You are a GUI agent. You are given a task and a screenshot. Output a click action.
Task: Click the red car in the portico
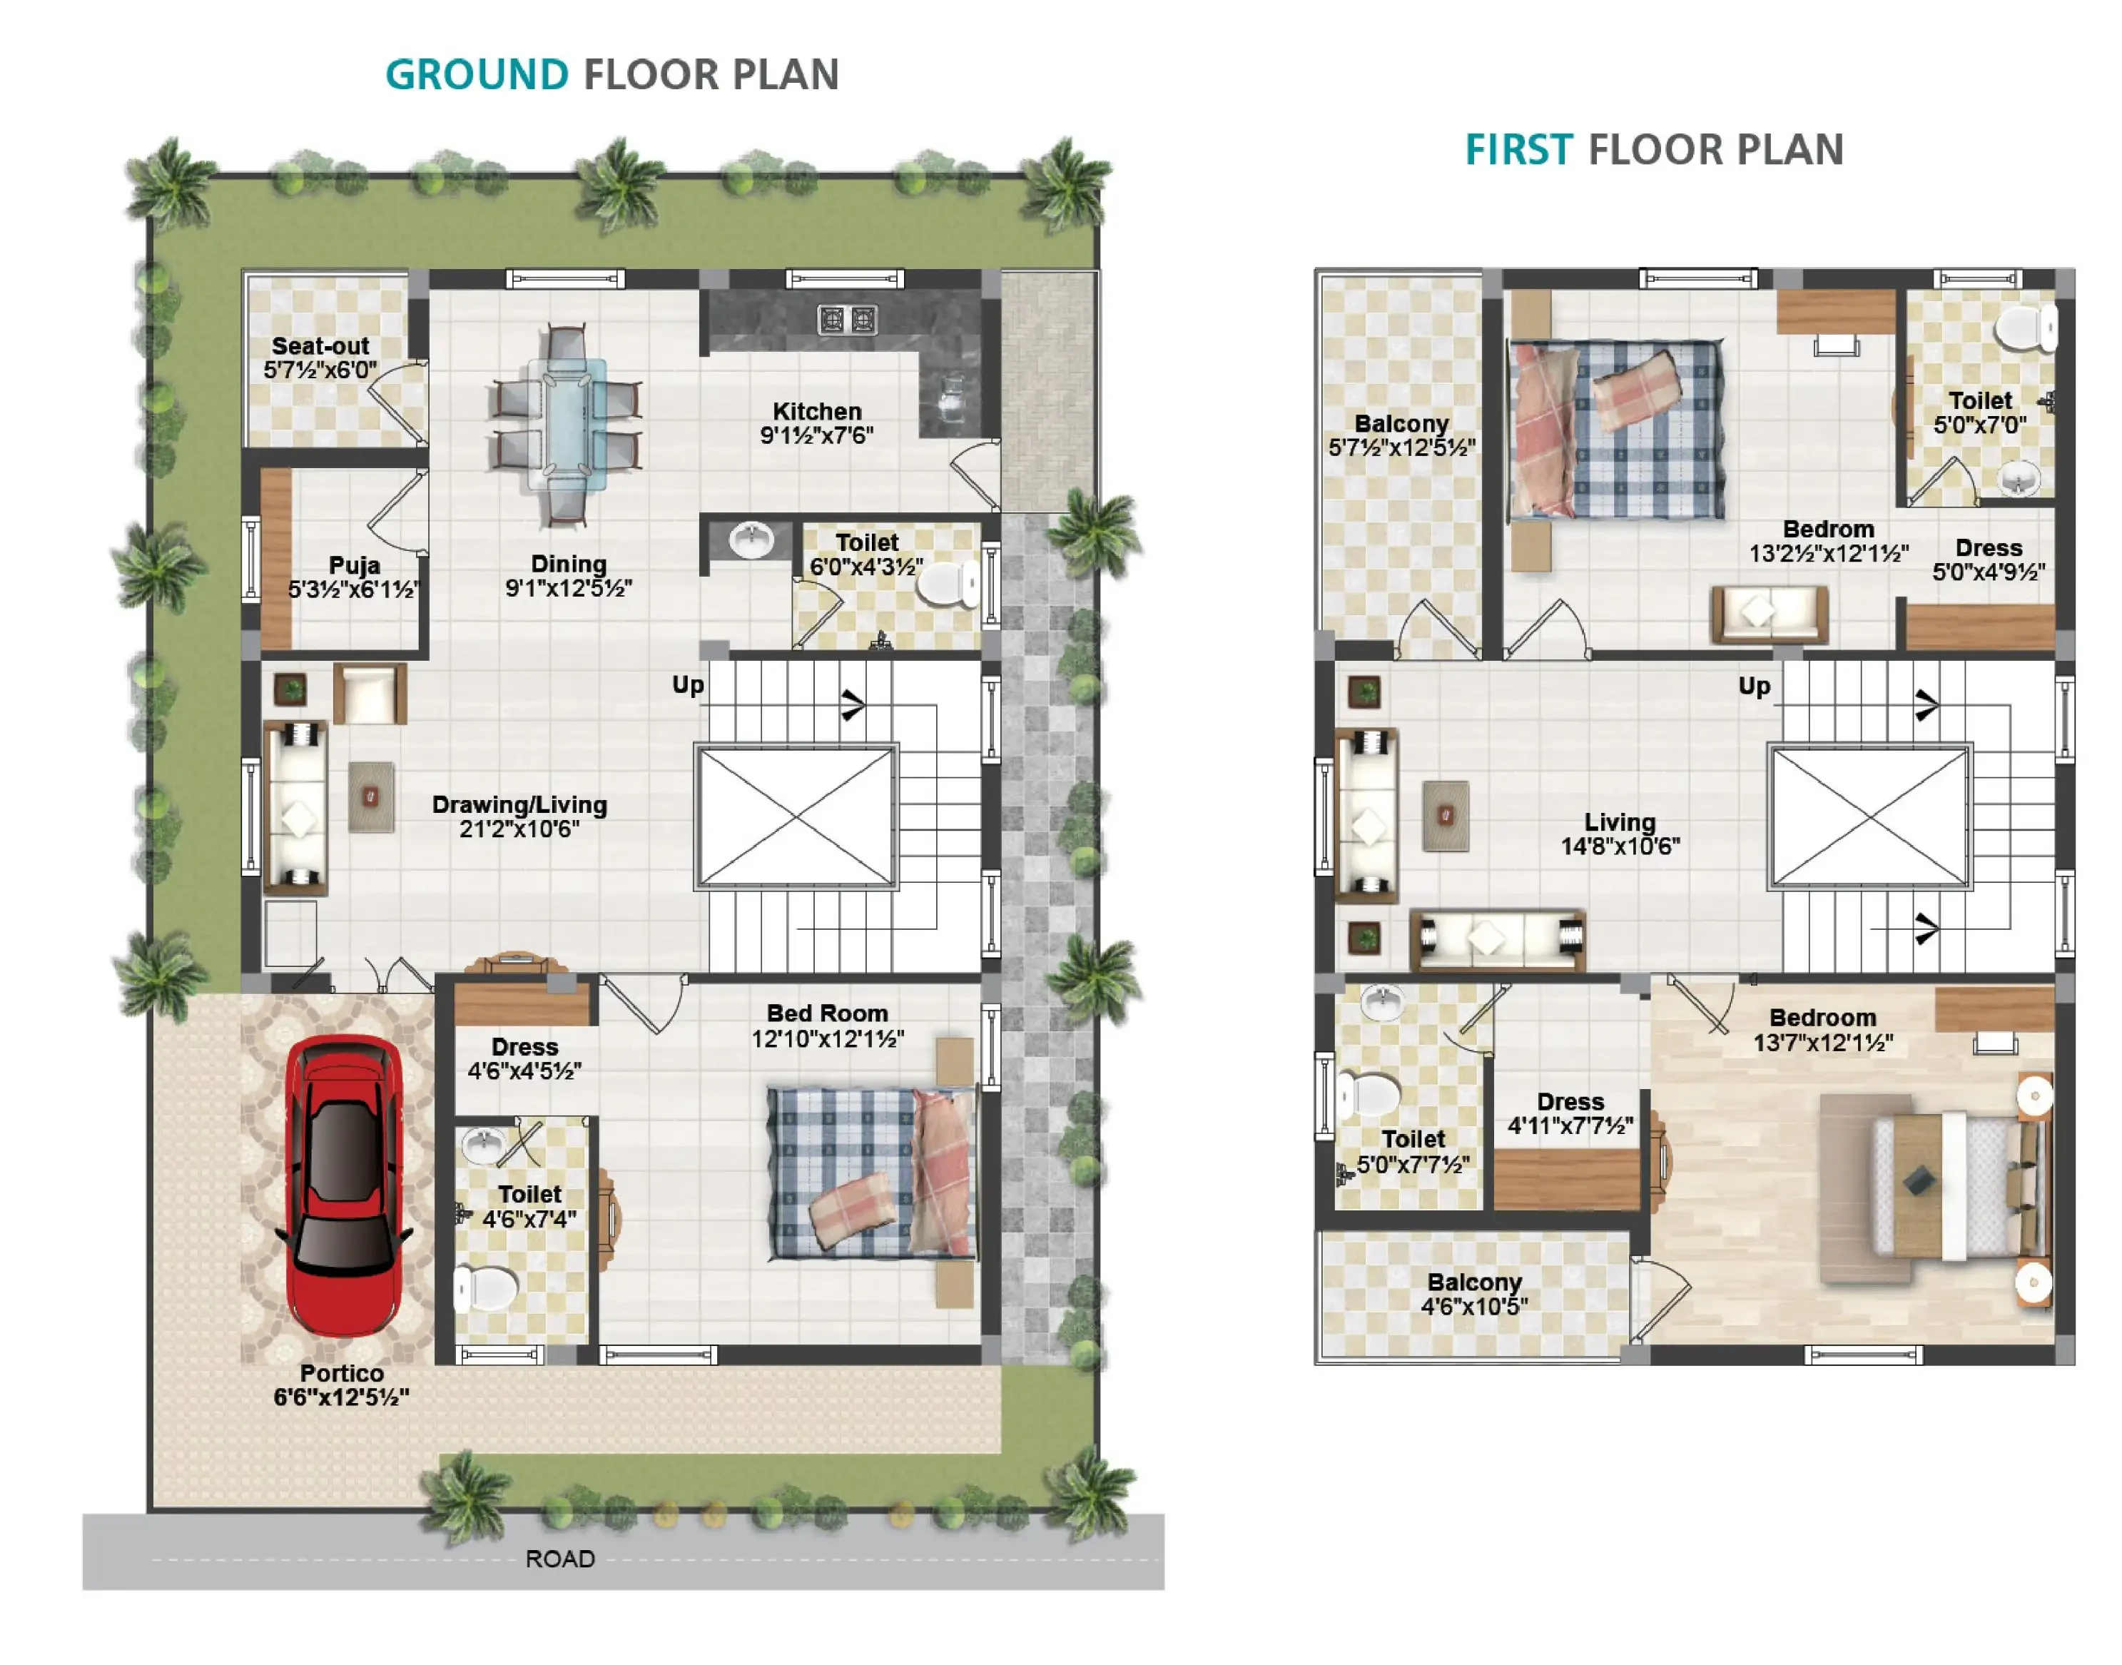coord(342,1185)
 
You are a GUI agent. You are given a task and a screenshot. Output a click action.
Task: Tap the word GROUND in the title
coord(477,75)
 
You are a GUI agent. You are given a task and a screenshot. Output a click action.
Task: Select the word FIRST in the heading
coord(1518,150)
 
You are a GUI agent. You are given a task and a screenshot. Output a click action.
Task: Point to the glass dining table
coord(567,424)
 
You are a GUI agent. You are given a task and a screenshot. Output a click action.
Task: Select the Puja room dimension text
coord(354,589)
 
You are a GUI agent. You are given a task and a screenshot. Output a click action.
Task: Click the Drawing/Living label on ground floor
coord(519,805)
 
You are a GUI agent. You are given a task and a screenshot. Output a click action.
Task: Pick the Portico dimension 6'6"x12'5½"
coord(341,1397)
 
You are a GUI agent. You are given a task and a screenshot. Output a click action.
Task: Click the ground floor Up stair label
coord(687,685)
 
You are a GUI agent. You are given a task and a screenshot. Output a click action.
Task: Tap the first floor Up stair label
coord(1755,687)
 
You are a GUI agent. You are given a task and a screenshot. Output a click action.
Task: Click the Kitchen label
coord(817,411)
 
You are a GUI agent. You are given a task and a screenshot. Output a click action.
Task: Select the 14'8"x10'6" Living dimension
coord(1620,846)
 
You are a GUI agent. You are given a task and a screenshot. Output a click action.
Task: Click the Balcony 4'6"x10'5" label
coord(1474,1294)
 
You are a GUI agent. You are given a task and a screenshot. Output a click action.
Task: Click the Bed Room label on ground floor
coord(826,1014)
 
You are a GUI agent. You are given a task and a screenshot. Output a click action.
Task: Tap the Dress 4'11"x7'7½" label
coord(1570,1113)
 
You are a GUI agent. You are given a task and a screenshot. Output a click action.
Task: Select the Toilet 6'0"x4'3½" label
coord(866,554)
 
